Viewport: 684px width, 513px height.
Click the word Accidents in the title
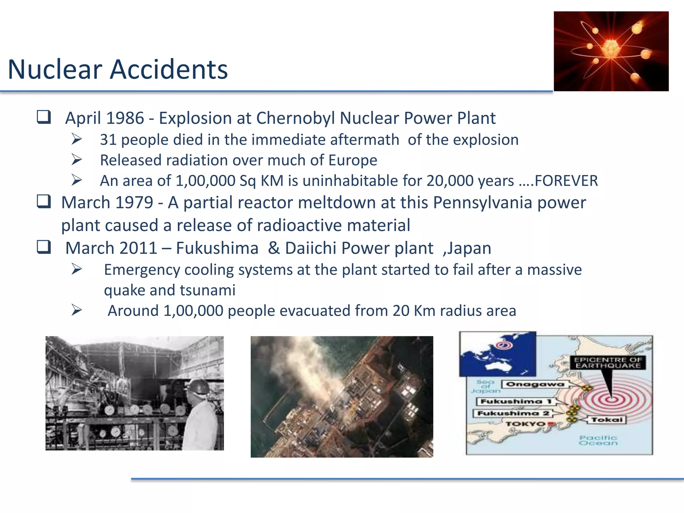click(x=169, y=69)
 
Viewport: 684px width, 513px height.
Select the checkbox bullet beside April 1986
click(x=44, y=117)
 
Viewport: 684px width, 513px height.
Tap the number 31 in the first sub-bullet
click(x=108, y=140)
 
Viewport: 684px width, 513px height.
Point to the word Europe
click(x=352, y=160)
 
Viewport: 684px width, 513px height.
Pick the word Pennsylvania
click(x=482, y=202)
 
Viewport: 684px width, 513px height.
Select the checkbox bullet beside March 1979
click(x=44, y=202)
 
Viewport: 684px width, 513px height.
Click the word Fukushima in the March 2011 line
click(x=217, y=248)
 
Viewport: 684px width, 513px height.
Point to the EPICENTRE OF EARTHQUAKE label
click(x=608, y=362)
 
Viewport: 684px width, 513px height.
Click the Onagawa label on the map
click(x=535, y=384)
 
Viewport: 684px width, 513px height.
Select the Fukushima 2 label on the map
click(x=513, y=413)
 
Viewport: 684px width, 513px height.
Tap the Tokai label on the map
click(x=607, y=419)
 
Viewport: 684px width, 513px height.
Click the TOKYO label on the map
click(x=525, y=424)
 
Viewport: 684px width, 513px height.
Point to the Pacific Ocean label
click(x=598, y=440)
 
